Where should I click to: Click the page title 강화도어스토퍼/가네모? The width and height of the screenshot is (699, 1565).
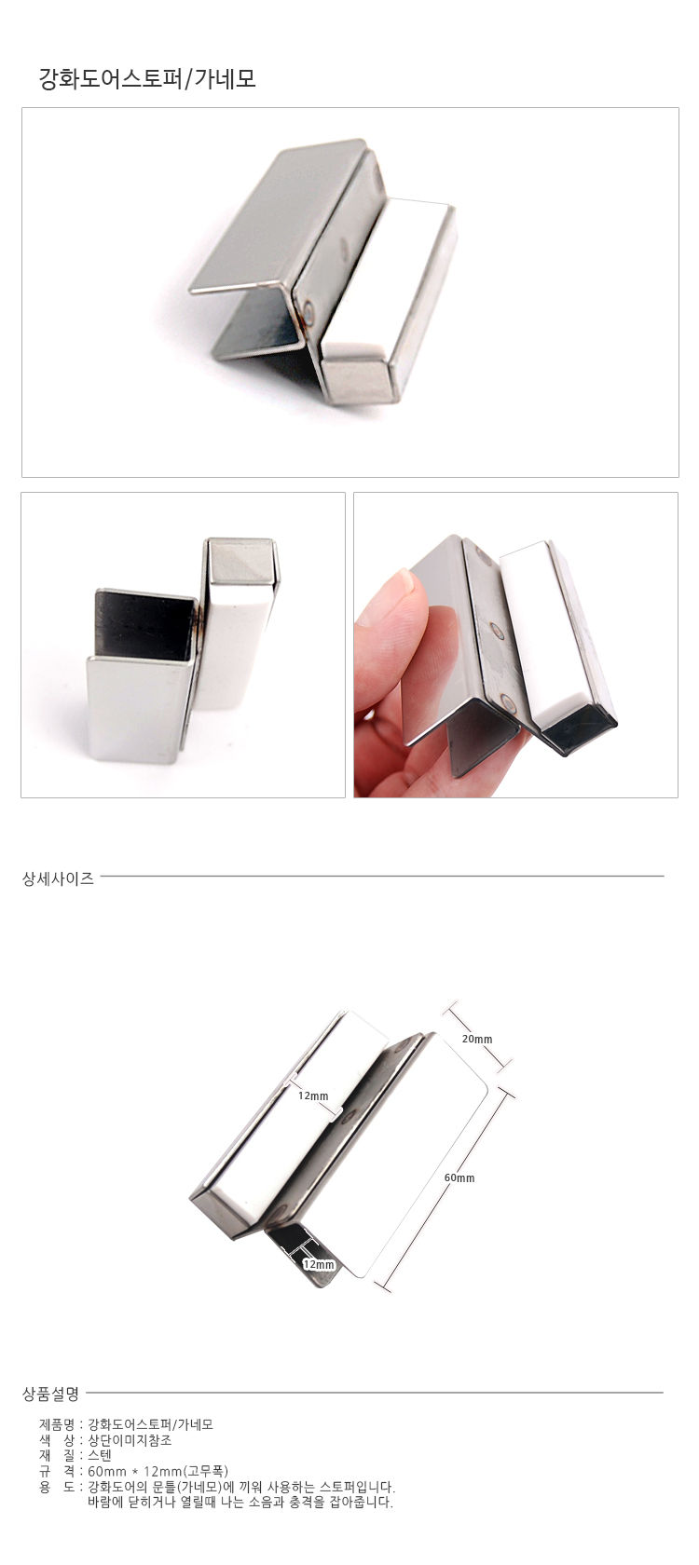click(x=147, y=79)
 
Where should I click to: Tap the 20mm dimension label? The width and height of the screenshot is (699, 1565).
click(x=477, y=1039)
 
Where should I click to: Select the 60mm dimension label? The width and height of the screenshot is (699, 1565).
click(x=459, y=1177)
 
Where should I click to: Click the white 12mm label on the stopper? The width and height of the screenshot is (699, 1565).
click(x=313, y=1095)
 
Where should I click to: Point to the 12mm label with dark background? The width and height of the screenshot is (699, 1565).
click(x=319, y=1265)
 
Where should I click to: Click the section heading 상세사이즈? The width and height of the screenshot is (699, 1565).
click(x=58, y=878)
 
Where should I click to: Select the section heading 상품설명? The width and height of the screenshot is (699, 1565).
click(x=50, y=1394)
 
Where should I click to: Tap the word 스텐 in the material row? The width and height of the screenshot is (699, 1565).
click(x=100, y=1455)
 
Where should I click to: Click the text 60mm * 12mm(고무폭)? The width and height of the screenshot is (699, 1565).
click(x=158, y=1471)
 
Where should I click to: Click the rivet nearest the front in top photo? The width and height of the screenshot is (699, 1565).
click(x=309, y=310)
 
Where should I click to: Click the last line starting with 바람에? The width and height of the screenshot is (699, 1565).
click(x=240, y=1502)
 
